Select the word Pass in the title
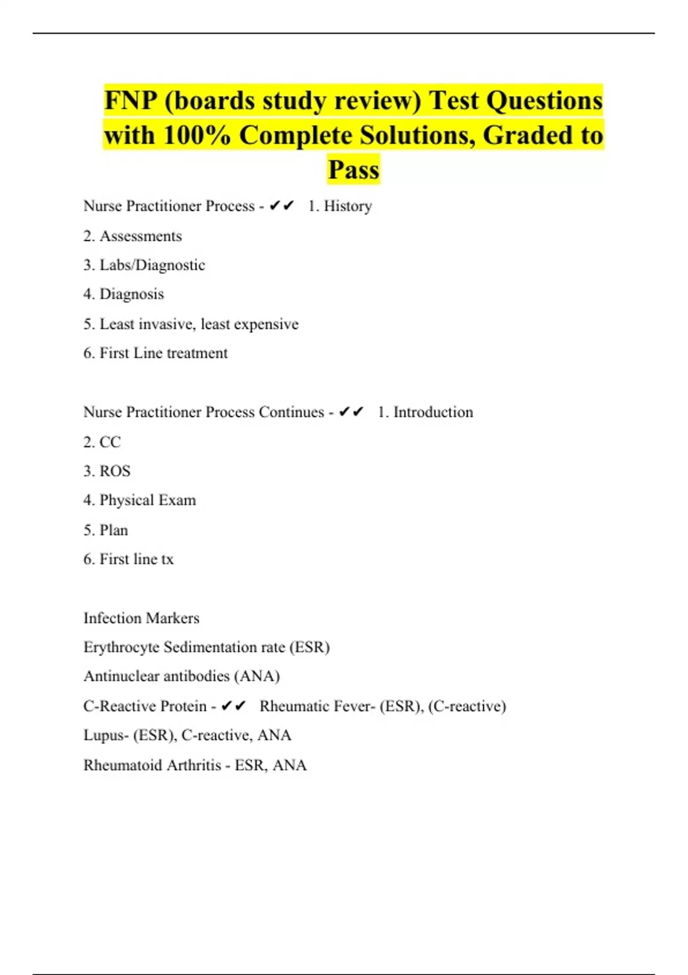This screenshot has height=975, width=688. click(353, 170)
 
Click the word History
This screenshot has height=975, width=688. click(347, 206)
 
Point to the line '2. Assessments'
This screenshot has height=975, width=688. click(132, 236)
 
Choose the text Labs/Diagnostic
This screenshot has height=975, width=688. click(152, 265)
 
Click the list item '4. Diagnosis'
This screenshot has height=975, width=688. click(123, 294)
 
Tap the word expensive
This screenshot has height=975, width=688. click(266, 324)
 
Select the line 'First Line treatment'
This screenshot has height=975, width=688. click(163, 353)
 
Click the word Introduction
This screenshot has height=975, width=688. click(433, 412)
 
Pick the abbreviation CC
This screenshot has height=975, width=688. click(110, 442)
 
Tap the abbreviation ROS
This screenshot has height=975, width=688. click(115, 471)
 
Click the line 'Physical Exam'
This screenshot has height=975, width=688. click(147, 500)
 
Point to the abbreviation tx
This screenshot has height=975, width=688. click(167, 559)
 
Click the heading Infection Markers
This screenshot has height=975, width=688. click(141, 618)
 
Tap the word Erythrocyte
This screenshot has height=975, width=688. click(121, 648)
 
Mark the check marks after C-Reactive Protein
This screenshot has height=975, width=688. click(233, 706)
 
